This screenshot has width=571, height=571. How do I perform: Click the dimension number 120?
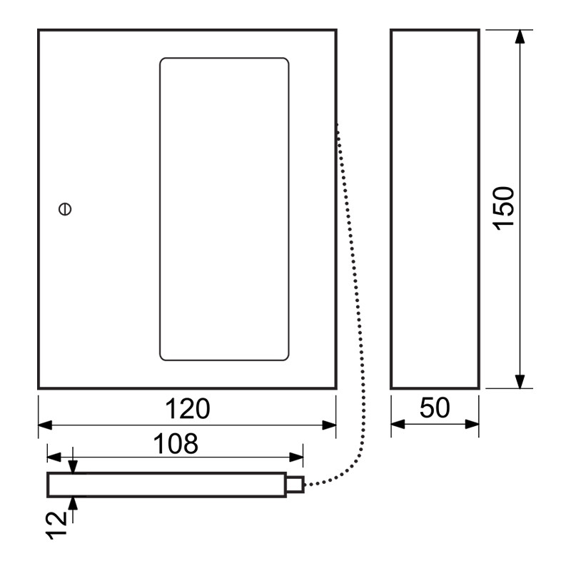[188, 408]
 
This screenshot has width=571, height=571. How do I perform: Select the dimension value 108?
[176, 444]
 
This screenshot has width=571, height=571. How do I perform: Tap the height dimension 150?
[504, 208]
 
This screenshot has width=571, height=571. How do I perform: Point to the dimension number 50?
[435, 408]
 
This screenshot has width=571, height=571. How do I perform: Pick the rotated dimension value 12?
[56, 525]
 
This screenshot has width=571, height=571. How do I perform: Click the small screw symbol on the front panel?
[65, 209]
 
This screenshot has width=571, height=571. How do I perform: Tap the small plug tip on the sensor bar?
[295, 485]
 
